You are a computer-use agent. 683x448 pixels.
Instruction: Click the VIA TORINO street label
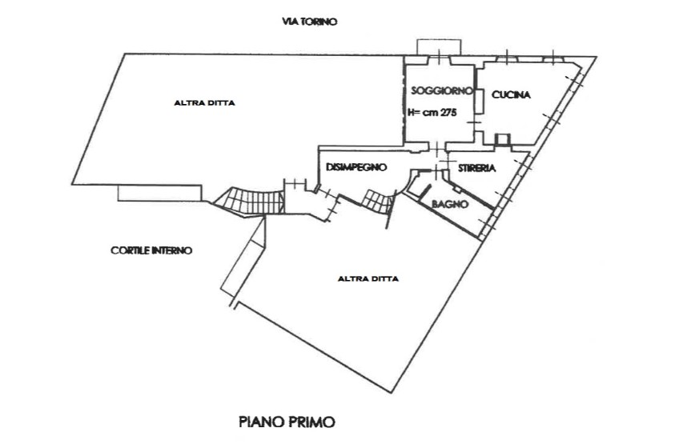(x=310, y=22)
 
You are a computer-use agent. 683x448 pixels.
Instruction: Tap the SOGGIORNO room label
(x=439, y=90)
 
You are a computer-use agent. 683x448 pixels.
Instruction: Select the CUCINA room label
(x=511, y=95)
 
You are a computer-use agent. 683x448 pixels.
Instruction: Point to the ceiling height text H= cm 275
(x=432, y=114)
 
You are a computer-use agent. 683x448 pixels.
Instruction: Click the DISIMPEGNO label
(x=357, y=167)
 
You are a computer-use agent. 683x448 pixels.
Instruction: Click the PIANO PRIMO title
(x=286, y=421)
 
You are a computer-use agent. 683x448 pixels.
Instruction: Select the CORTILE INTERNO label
(x=151, y=250)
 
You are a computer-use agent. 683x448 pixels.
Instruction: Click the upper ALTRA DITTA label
(x=205, y=102)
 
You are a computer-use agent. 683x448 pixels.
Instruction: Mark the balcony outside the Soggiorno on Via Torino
(x=437, y=46)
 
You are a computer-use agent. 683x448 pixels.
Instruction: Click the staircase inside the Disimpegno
(x=376, y=199)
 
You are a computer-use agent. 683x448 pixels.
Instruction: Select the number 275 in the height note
(x=445, y=114)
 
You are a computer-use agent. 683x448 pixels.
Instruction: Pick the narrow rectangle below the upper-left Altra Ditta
(x=159, y=194)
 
